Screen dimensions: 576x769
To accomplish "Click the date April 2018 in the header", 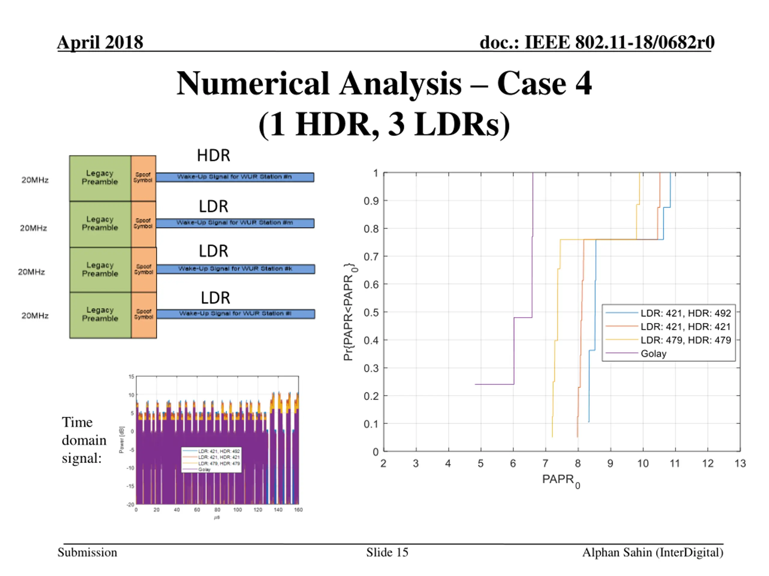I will (100, 42).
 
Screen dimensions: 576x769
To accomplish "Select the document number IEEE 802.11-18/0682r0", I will (597, 42).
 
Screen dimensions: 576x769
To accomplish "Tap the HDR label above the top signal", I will (214, 155).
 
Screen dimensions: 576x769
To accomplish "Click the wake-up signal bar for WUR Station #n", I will (235, 177).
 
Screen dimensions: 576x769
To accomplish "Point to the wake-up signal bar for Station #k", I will (236, 269).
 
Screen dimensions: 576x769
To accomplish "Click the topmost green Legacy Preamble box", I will (100, 178).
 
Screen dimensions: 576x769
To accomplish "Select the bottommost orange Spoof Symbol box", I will (144, 315).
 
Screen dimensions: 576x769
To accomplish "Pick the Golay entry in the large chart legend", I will (653, 353).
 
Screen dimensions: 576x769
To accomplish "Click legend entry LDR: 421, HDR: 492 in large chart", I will (685, 313).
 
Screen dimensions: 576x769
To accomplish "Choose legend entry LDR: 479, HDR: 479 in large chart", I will (685, 340).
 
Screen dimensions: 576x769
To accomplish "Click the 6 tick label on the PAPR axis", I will (513, 463).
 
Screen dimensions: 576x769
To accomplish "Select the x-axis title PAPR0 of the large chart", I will (561, 480).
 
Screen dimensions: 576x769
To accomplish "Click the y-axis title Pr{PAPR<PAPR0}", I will (349, 311).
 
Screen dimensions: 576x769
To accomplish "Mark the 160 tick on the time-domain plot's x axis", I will (298, 510).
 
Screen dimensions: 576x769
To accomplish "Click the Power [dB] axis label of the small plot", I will (121, 439).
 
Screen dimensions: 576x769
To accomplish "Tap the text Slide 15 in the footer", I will (387, 552).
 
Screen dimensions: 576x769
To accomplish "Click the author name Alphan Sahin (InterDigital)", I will (652, 552).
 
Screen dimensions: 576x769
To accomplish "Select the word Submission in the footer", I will (87, 552).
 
